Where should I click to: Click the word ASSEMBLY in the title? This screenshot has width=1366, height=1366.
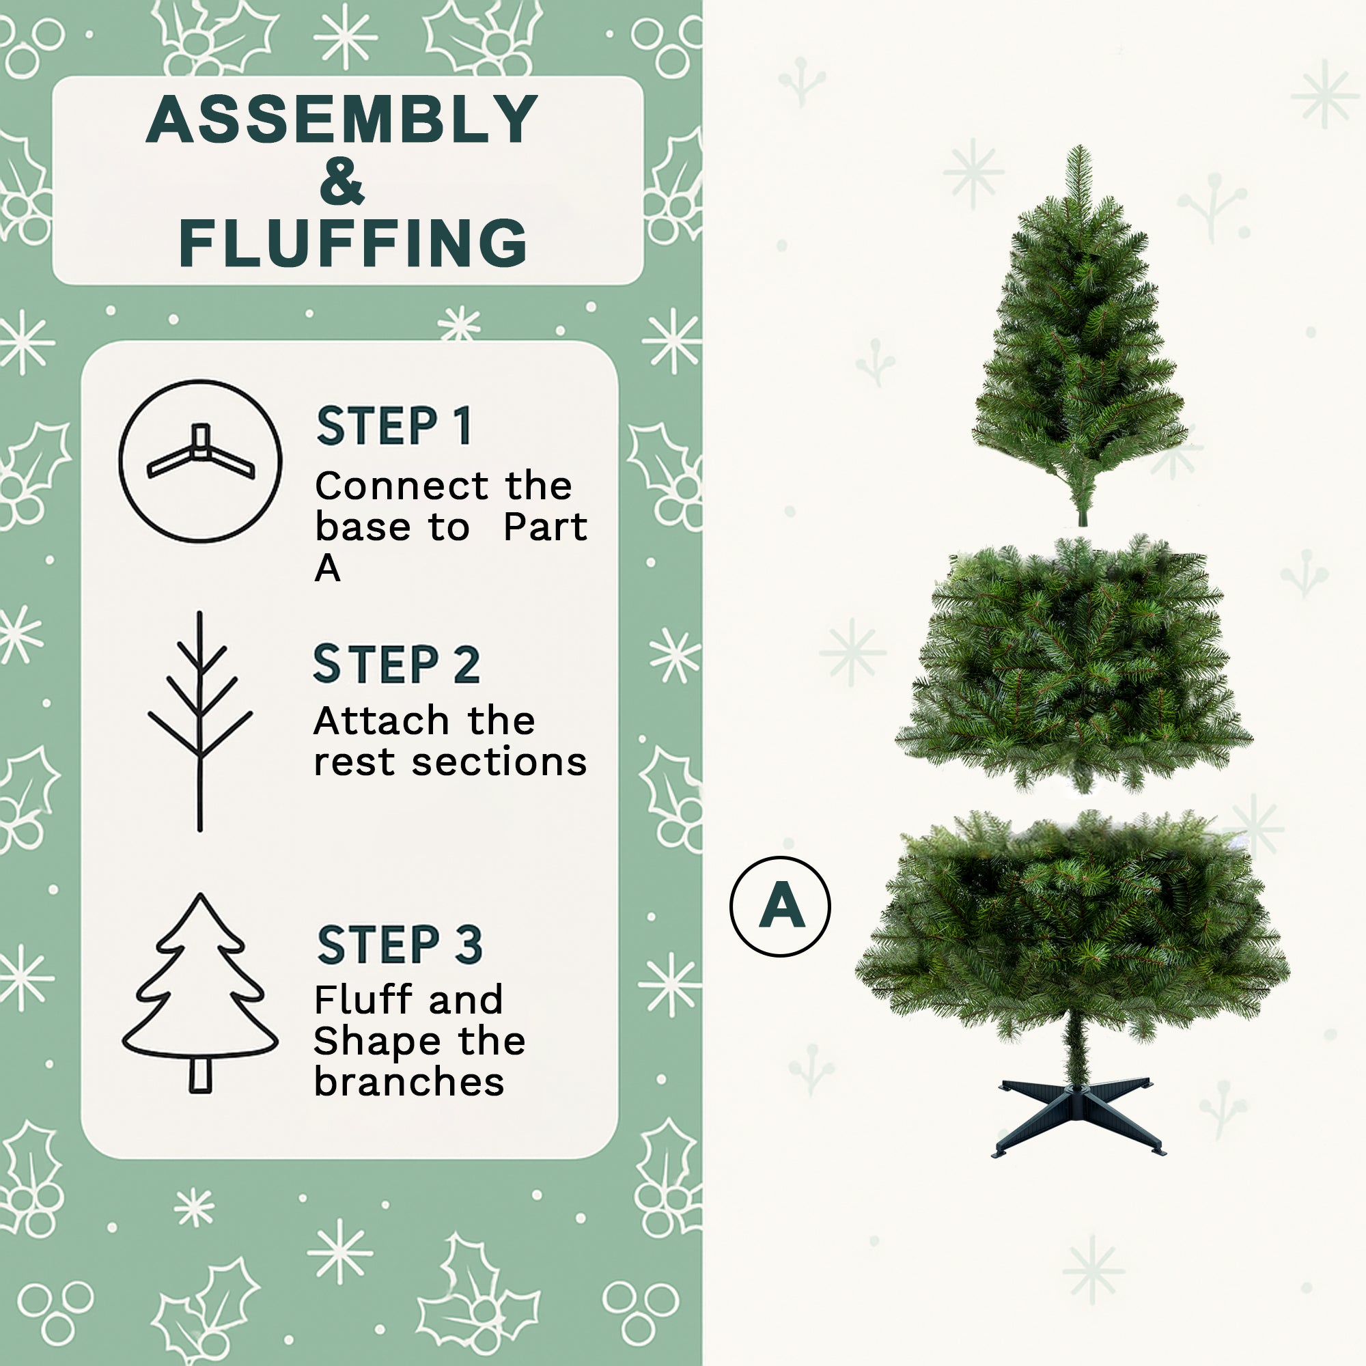click(x=341, y=120)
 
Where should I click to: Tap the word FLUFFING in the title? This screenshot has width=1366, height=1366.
click(x=353, y=243)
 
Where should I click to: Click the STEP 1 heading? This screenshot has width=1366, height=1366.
click(x=394, y=426)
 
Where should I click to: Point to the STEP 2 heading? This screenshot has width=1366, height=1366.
click(x=396, y=664)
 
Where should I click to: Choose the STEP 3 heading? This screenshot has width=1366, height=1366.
click(x=400, y=945)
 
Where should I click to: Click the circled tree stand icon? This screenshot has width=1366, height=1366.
click(x=200, y=461)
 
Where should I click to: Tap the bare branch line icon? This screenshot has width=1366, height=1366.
click(x=200, y=721)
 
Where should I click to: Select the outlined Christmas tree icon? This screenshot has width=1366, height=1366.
click(x=200, y=992)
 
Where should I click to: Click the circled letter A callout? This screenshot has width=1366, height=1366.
click(x=780, y=906)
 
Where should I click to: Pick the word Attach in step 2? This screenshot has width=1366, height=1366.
click(x=380, y=722)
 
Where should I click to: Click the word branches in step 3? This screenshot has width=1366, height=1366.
click(x=408, y=1082)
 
